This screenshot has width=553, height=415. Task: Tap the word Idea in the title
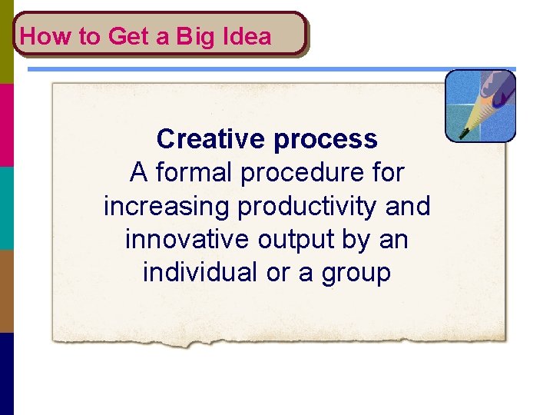pyautogui.click(x=247, y=36)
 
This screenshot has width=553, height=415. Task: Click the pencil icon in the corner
pyautogui.click(x=480, y=105)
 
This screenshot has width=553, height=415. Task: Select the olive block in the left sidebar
pyautogui.click(x=7, y=41)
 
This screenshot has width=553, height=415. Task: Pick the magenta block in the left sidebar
pyautogui.click(x=7, y=124)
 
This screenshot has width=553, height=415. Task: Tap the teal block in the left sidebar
pyautogui.click(x=7, y=207)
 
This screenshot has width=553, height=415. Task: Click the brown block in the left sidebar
pyautogui.click(x=7, y=290)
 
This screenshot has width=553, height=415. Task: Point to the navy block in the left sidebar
pyautogui.click(x=7, y=373)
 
